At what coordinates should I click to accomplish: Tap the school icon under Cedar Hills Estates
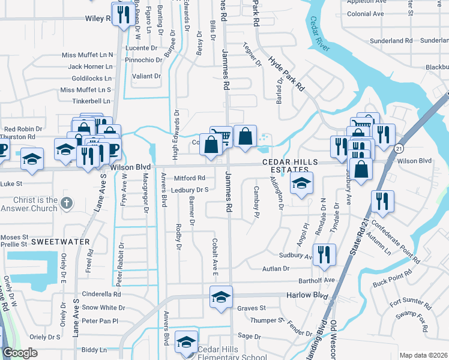click(301, 184)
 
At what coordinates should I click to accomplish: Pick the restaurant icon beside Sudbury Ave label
click(324, 254)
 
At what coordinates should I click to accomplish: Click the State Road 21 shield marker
click(398, 148)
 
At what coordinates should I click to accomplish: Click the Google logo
click(20, 353)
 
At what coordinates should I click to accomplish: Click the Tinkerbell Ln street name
click(91, 101)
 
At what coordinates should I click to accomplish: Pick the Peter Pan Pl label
click(100, 321)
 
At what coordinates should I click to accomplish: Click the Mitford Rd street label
click(190, 178)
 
